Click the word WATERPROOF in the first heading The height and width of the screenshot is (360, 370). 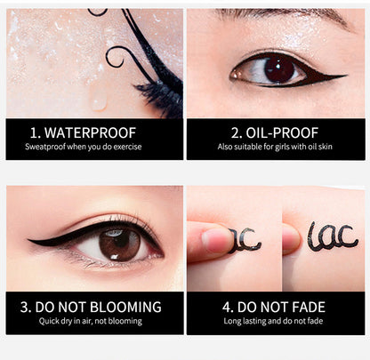pyautogui.click(x=90, y=133)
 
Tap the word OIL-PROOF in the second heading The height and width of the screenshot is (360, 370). pyautogui.click(x=282, y=133)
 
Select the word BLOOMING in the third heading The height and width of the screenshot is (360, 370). pyautogui.click(x=125, y=307)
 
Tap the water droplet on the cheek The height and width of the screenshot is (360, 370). pyautogui.click(x=99, y=97)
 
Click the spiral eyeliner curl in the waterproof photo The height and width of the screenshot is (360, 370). pyautogui.click(x=116, y=56)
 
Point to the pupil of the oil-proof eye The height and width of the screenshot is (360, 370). pyautogui.click(x=278, y=69)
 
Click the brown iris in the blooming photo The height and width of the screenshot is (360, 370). pyautogui.click(x=119, y=245)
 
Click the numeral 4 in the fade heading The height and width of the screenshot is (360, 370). pyautogui.click(x=227, y=308)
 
